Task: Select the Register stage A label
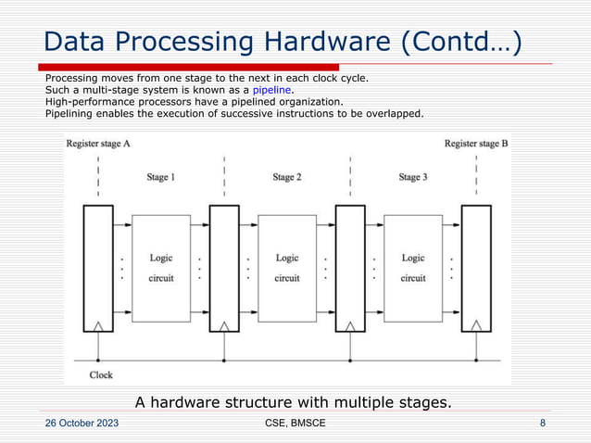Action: click(98, 144)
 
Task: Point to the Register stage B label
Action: click(476, 144)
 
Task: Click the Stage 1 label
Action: click(161, 176)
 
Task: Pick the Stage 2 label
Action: click(287, 176)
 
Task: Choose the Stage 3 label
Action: click(413, 176)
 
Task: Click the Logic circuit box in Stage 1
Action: click(161, 268)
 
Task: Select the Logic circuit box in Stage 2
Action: click(287, 268)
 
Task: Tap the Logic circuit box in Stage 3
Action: click(413, 268)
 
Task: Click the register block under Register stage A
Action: click(98, 268)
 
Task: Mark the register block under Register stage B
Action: click(476, 268)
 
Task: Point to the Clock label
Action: click(101, 374)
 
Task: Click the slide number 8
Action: click(542, 424)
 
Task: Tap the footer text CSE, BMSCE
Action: click(295, 424)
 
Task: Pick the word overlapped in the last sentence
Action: click(390, 114)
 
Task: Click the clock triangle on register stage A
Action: click(98, 326)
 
